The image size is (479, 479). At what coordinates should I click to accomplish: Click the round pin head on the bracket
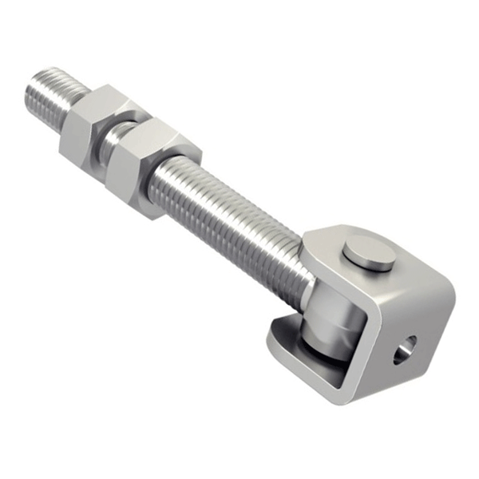[369, 256]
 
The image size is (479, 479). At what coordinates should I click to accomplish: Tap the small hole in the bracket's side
[405, 348]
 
